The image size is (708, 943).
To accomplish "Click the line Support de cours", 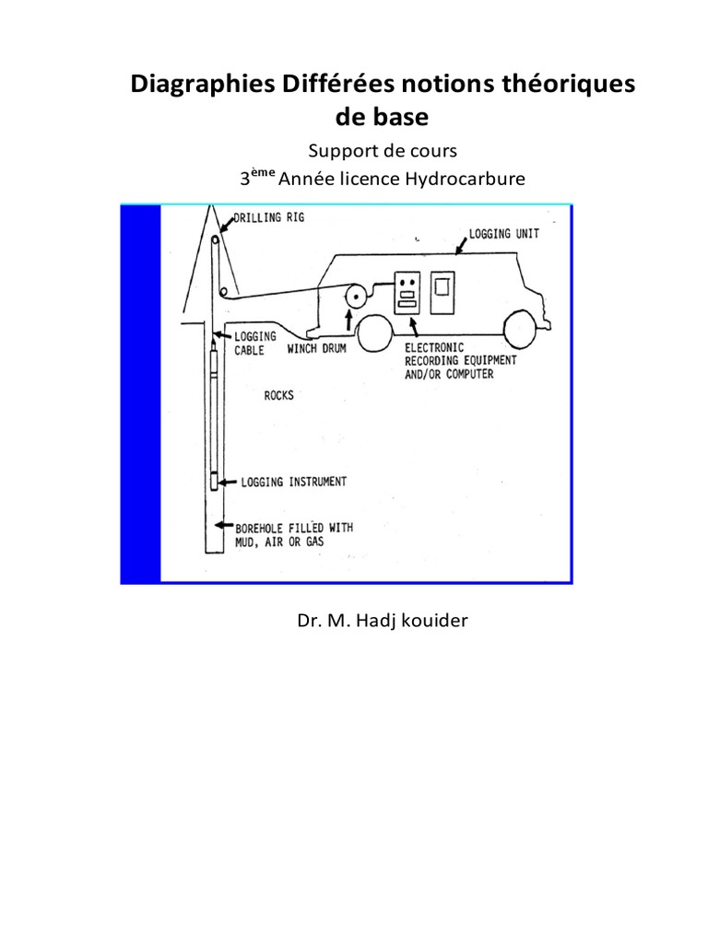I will point(382,150).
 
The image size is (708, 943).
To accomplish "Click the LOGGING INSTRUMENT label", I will point(294,481).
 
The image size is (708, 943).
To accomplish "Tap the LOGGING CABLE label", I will point(248,343).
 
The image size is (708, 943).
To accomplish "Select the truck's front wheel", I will point(522,332).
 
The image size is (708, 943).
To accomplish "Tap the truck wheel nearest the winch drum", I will point(378,333).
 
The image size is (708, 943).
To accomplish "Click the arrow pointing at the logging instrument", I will point(229,481).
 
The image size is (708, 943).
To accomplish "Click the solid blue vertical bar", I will point(140,394).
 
